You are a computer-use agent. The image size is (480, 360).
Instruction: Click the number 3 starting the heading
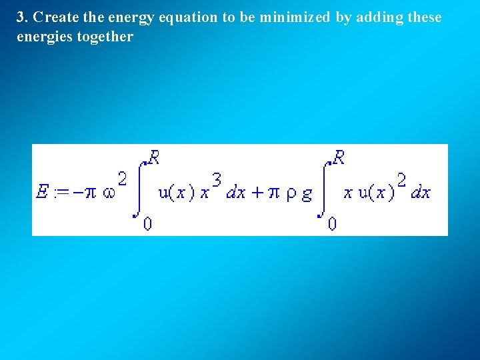click(x=21, y=17)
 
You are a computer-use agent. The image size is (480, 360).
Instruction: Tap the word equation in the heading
click(x=189, y=18)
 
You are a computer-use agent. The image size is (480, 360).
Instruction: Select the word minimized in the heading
click(x=294, y=17)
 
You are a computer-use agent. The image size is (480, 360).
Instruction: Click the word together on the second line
click(x=105, y=37)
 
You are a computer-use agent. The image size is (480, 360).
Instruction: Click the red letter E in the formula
click(x=42, y=193)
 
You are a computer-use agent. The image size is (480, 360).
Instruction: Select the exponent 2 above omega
click(x=123, y=179)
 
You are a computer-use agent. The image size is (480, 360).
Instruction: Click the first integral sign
click(x=141, y=189)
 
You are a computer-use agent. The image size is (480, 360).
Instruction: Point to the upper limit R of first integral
click(x=154, y=158)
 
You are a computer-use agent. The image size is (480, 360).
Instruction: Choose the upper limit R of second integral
click(x=339, y=158)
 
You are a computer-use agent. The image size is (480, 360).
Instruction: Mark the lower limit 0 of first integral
click(x=147, y=224)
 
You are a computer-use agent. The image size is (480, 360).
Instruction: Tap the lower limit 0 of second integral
click(x=332, y=224)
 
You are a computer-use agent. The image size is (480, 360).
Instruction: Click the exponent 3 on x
click(x=217, y=179)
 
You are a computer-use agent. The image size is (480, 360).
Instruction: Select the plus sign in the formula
click(x=257, y=193)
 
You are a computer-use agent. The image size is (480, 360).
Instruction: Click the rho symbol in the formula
click(x=291, y=194)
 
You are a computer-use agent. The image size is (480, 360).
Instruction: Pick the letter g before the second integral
click(x=307, y=194)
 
